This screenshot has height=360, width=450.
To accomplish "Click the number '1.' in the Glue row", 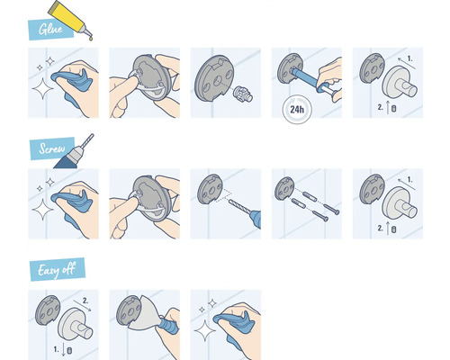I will click(409, 58).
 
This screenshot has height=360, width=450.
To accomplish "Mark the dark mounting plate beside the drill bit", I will click(211, 192).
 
